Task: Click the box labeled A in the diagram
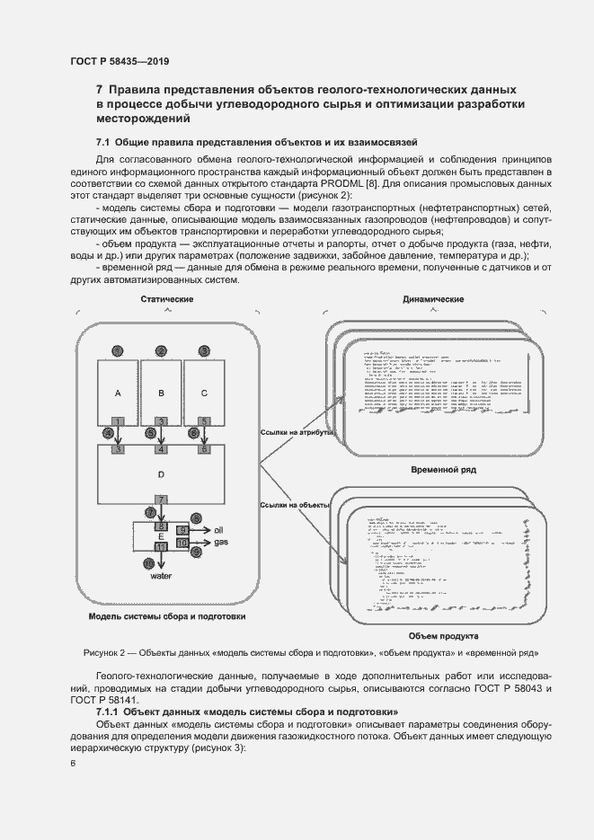click(x=118, y=393)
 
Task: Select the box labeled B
click(x=161, y=393)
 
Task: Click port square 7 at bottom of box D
click(x=161, y=500)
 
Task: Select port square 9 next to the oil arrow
click(x=182, y=531)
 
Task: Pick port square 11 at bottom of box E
click(x=161, y=546)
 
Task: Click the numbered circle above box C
click(x=204, y=350)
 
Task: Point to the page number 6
click(x=73, y=764)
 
